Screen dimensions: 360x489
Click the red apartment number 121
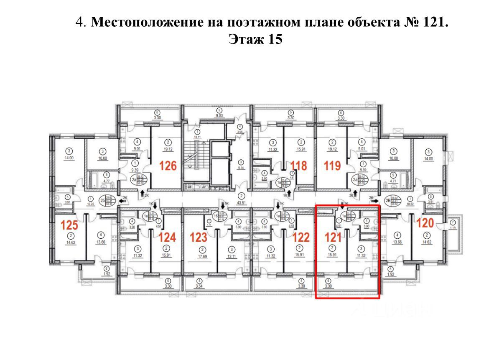(x=334, y=238)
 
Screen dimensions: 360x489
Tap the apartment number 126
(x=170, y=166)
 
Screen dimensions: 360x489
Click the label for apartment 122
(x=301, y=238)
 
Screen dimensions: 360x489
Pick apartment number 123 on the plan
(x=199, y=238)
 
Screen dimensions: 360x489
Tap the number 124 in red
(x=167, y=238)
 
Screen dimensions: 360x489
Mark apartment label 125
(x=69, y=225)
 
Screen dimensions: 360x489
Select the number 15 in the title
(x=275, y=40)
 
